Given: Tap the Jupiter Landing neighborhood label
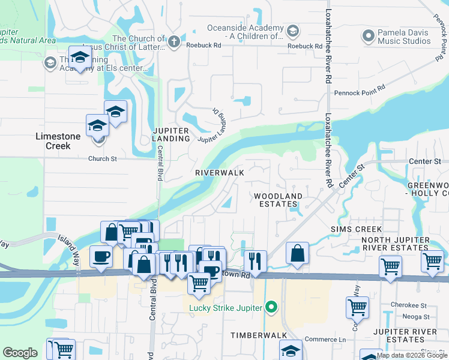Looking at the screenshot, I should click(x=171, y=134).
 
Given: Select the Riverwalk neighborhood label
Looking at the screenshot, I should click(x=219, y=172).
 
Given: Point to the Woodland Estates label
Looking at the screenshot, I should click(x=278, y=200).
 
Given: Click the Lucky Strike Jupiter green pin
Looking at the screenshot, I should click(x=271, y=308).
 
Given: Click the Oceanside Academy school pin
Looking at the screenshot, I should click(x=292, y=31).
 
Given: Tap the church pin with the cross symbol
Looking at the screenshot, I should click(x=174, y=41).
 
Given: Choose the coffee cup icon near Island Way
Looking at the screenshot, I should click(x=101, y=256).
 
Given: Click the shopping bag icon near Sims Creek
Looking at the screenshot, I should click(x=298, y=253).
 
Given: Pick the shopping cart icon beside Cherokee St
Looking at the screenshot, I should click(x=357, y=307).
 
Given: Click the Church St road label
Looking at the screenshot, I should click(x=102, y=159).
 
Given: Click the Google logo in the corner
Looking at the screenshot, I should click(x=20, y=353).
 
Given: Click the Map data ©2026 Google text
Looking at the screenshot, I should click(x=412, y=355).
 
